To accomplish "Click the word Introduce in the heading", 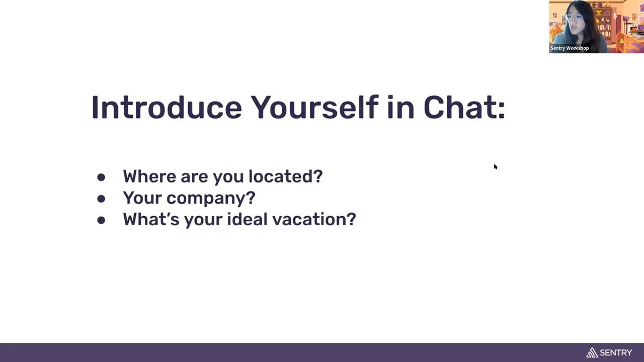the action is click(x=167, y=107).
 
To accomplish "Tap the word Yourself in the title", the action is click(x=314, y=107).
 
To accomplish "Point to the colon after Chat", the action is click(x=501, y=110).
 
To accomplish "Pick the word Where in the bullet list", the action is click(x=149, y=176).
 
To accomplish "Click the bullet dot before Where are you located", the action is click(x=101, y=177).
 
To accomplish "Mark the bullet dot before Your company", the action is click(x=101, y=199).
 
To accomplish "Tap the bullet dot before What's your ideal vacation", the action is click(x=101, y=220).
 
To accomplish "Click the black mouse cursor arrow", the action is click(x=496, y=166).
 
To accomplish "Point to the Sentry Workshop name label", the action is click(x=569, y=48).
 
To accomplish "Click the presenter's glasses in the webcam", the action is click(x=575, y=17).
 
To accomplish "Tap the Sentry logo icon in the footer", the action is click(x=592, y=352).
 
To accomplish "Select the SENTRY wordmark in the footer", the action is click(x=616, y=352).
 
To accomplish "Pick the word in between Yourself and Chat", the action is click(x=401, y=107).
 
